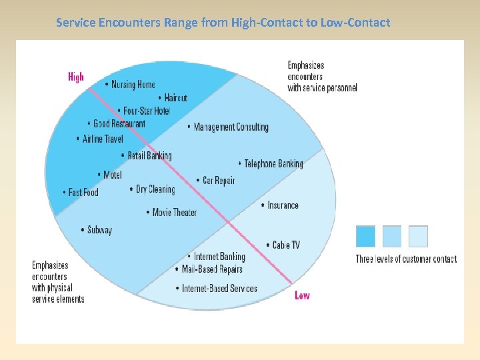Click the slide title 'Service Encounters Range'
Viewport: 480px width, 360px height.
[223, 23]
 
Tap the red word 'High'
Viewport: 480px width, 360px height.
[76, 77]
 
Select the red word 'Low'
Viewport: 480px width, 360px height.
[302, 295]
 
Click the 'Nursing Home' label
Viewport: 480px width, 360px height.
[133, 85]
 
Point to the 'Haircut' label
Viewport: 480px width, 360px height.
[175, 98]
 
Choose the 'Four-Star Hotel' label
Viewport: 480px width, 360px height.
[147, 111]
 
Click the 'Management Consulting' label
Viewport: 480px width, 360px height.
[231, 127]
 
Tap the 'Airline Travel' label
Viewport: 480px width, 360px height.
[103, 139]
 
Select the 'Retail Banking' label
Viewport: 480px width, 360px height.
[149, 155]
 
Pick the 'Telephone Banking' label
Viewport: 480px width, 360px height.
[273, 163]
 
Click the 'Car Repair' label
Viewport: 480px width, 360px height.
[219, 180]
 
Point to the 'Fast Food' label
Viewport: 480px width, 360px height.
[83, 192]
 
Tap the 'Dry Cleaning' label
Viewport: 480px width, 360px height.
[155, 189]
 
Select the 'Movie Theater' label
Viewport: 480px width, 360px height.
[175, 212]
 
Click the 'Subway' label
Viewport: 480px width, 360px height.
[100, 230]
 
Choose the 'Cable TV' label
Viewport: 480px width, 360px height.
[286, 245]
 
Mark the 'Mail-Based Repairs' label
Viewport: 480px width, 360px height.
[212, 269]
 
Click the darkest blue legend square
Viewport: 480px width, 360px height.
[365, 236]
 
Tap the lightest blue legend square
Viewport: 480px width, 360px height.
[418, 236]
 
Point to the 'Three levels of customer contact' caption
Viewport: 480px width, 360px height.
[406, 259]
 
